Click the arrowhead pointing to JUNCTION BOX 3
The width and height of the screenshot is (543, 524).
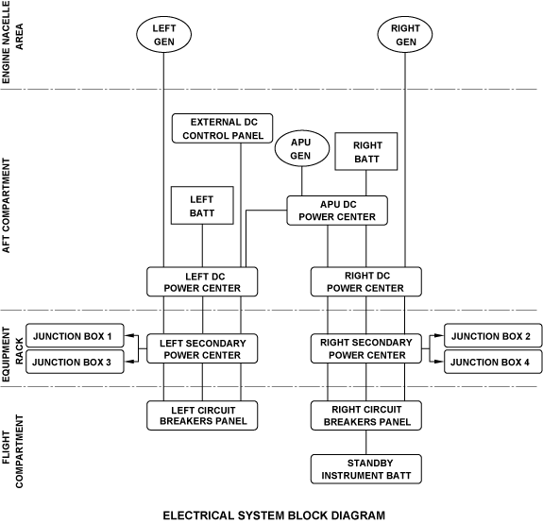128,362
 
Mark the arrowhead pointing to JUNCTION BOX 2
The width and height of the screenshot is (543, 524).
439,335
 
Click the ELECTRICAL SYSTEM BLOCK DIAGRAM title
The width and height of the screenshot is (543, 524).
274,516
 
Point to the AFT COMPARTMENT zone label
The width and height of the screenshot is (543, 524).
7,206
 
